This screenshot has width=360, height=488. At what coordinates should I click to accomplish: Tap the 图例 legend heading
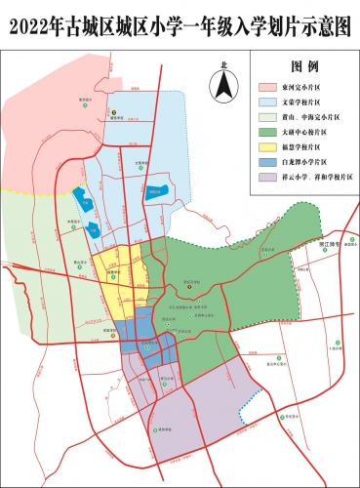306,69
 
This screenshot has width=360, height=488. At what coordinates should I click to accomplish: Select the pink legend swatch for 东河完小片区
274,87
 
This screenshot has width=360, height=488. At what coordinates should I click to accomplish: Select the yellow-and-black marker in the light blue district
114,114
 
